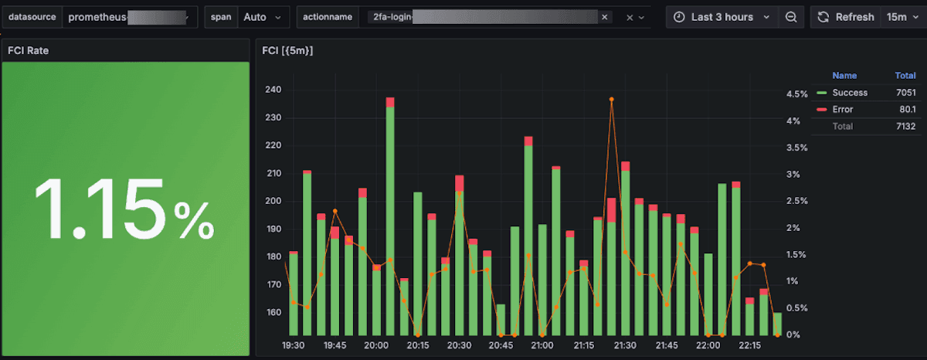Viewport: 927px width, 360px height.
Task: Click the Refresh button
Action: pyautogui.click(x=846, y=17)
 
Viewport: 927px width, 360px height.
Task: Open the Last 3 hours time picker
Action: pyautogui.click(x=722, y=17)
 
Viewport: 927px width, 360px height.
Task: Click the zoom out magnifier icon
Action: pyautogui.click(x=791, y=17)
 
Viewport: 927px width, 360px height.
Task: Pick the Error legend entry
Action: pyautogui.click(x=842, y=110)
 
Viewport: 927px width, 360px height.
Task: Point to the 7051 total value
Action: pyautogui.click(x=905, y=93)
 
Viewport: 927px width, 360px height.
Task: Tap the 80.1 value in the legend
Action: pyautogui.click(x=907, y=110)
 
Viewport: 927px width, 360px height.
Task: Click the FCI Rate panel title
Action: pyautogui.click(x=29, y=50)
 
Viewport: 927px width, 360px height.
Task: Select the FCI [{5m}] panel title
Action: pyautogui.click(x=287, y=50)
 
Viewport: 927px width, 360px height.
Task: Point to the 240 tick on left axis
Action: pyautogui.click(x=272, y=90)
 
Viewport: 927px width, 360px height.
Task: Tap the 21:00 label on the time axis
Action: pyautogui.click(x=542, y=345)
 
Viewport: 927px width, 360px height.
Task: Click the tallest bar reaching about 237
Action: pyautogui.click(x=390, y=216)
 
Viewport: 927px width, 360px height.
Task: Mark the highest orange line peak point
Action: pyautogui.click(x=611, y=100)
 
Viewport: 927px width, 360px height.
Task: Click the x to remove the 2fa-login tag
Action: pyautogui.click(x=604, y=17)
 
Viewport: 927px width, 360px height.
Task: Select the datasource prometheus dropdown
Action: pyautogui.click(x=127, y=17)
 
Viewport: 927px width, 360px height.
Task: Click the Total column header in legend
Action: pyautogui.click(x=905, y=76)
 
